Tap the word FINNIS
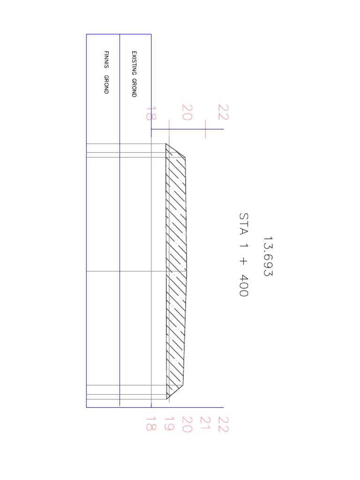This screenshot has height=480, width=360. [106, 60]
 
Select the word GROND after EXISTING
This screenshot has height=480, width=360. [134, 88]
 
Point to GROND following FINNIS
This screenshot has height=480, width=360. [106, 84]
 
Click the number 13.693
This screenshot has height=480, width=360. [268, 256]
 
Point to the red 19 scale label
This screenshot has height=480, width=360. [169, 424]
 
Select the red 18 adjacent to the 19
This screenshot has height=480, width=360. [150, 424]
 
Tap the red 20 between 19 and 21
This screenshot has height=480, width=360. [187, 425]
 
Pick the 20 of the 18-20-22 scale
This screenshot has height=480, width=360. [187, 112]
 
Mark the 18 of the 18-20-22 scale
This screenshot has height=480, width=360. [150, 113]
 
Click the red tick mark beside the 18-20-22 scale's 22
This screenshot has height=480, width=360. [205, 128]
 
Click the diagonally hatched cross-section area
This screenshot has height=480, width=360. [177, 272]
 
